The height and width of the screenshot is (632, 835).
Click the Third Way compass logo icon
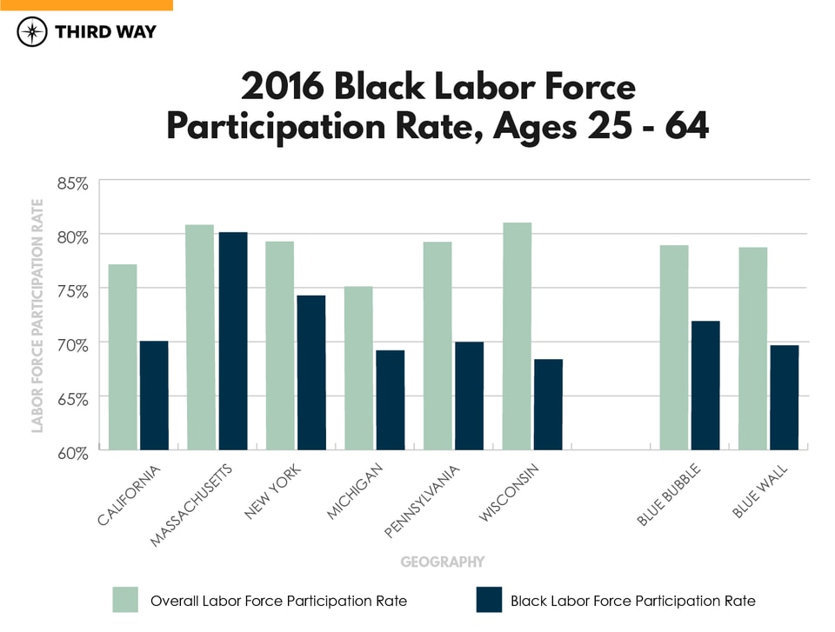(33, 33)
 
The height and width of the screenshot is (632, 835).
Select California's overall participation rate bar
(123, 356)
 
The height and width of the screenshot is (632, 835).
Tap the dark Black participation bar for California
(154, 395)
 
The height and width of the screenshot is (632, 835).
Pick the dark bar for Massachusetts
(233, 341)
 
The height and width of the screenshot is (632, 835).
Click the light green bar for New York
(279, 345)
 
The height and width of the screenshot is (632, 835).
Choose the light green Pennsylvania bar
(438, 345)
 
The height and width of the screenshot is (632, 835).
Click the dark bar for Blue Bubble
(705, 385)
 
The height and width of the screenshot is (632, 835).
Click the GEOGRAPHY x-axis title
(442, 562)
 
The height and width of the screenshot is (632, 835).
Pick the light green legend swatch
(125, 600)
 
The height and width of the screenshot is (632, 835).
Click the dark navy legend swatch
(490, 600)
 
